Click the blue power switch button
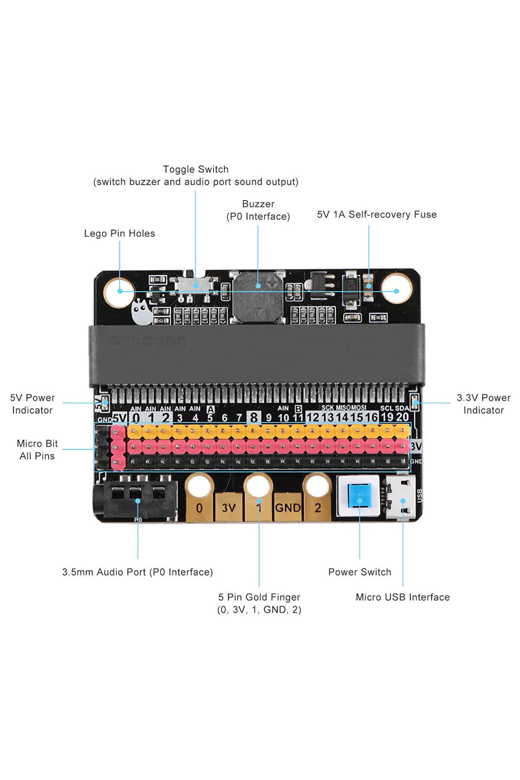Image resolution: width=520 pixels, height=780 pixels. click(x=359, y=496)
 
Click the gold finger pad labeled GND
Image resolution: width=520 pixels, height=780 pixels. click(x=288, y=508)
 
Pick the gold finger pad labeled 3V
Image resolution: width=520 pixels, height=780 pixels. click(x=229, y=508)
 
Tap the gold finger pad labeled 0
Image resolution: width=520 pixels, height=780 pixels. click(x=199, y=508)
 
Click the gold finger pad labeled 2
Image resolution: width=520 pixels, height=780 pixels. click(x=317, y=508)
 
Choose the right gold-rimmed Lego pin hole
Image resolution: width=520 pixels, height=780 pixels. click(x=396, y=291)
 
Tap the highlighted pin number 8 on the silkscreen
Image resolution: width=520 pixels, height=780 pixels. click(x=254, y=417)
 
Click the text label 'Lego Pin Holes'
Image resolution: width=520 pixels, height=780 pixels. click(x=120, y=234)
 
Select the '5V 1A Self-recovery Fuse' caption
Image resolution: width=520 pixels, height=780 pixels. click(x=377, y=214)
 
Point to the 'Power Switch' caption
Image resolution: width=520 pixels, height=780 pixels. click(x=359, y=572)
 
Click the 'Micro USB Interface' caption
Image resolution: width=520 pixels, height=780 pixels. click(x=403, y=597)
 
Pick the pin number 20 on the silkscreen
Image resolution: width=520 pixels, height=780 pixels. click(x=402, y=417)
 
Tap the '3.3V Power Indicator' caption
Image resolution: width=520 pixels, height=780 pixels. click(x=483, y=404)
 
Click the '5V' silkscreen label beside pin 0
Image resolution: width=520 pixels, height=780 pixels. click(x=120, y=418)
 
